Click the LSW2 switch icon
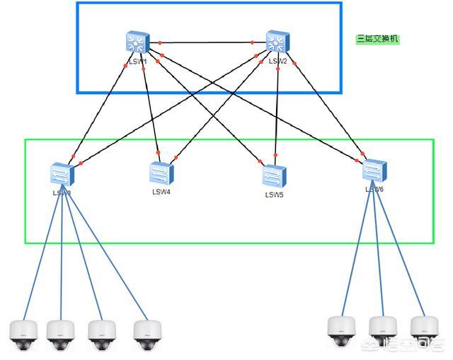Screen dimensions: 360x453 click(x=276, y=42)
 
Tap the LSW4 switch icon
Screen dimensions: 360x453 click(x=161, y=173)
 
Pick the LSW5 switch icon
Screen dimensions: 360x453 click(x=274, y=176)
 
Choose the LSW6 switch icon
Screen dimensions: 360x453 click(x=374, y=170)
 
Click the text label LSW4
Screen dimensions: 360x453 click(x=161, y=192)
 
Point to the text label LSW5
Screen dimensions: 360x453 click(x=275, y=194)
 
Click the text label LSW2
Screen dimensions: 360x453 click(x=278, y=62)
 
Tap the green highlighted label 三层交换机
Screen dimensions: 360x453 click(x=378, y=40)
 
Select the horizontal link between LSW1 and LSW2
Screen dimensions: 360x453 click(x=205, y=42)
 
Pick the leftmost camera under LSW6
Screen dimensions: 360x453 click(x=341, y=329)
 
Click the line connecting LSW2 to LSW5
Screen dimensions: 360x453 click(x=276, y=106)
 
